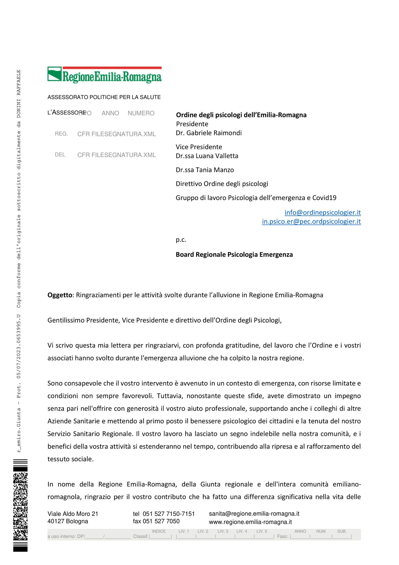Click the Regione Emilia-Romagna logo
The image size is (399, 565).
pyautogui.click(x=104, y=74)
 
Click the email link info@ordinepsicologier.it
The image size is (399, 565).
pyautogui.click(x=322, y=212)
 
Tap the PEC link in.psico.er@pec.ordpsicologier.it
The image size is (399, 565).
pyautogui.click(x=311, y=222)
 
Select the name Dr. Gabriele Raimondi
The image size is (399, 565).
pyautogui.click(x=209, y=133)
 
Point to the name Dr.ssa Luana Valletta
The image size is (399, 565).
pyautogui.click(x=207, y=156)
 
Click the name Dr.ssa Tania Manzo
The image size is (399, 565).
pyautogui.click(x=205, y=170)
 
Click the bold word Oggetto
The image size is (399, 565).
pyautogui.click(x=60, y=295)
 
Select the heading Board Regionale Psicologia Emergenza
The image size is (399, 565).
pyautogui.click(x=234, y=255)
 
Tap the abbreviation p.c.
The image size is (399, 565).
pyautogui.click(x=181, y=240)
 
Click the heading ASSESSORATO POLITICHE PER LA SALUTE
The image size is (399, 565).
pyautogui.click(x=104, y=97)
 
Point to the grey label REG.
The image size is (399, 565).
pyautogui.click(x=61, y=134)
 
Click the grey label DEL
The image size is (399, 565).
pyautogui.click(x=60, y=155)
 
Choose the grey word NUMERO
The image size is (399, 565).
pyautogui.click(x=141, y=113)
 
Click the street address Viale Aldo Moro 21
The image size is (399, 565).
pyautogui.click(x=73, y=514)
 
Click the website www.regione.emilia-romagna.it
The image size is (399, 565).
pyautogui.click(x=250, y=522)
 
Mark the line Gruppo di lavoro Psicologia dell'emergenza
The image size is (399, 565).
pyautogui.click(x=256, y=198)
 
